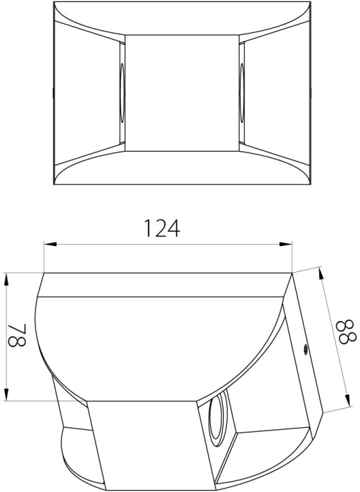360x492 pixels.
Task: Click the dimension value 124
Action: coord(162,228)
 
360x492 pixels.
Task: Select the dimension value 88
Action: coord(346,331)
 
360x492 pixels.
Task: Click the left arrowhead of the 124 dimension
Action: coord(50,244)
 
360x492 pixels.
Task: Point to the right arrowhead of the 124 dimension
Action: coord(285,244)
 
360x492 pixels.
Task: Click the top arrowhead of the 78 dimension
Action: coord(6,280)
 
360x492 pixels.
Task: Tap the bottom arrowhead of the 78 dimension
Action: coord(6,394)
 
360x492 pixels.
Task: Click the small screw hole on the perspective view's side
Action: coord(305,349)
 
